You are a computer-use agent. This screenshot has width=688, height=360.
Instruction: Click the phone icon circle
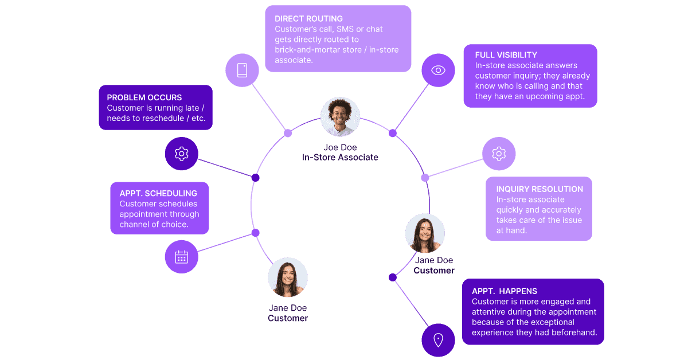click(x=242, y=71)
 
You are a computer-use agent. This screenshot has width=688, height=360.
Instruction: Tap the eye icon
click(x=438, y=71)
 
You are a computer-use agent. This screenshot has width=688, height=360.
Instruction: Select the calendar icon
click(x=181, y=257)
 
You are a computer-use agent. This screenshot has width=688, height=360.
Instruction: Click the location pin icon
click(x=438, y=340)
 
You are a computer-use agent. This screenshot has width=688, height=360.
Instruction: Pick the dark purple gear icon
click(x=181, y=154)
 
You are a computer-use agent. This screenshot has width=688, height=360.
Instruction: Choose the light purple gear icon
click(x=499, y=154)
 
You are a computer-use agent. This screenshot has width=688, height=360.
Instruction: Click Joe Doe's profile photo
click(x=340, y=117)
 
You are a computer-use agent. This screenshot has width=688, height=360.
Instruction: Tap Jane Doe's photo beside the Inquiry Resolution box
click(x=425, y=233)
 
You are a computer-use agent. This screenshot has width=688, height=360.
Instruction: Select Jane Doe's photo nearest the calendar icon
click(x=288, y=277)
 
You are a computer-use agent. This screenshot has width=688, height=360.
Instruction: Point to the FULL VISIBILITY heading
click(x=506, y=55)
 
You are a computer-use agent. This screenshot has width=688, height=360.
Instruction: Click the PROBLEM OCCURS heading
click(x=144, y=97)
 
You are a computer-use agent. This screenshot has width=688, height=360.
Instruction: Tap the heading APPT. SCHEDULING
click(x=158, y=193)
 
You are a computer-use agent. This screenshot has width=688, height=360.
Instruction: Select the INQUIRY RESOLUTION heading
click(x=540, y=189)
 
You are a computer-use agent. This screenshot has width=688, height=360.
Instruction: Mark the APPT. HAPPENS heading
click(x=505, y=291)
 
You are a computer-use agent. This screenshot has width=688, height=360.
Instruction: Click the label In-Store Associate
click(x=340, y=157)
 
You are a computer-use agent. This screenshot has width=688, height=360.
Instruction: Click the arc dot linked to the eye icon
click(x=393, y=133)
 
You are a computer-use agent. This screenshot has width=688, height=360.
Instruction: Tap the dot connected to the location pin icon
click(x=393, y=277)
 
